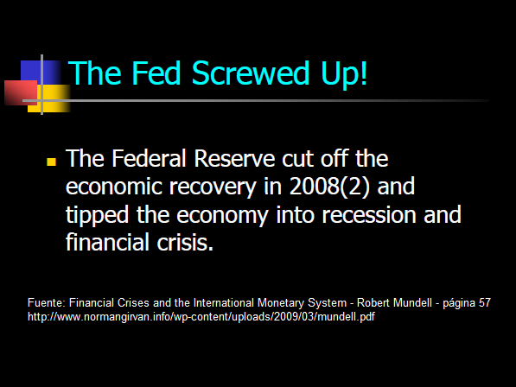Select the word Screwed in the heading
click(x=251, y=73)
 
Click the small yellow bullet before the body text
click(x=51, y=162)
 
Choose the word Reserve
click(x=234, y=158)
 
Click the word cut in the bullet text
click(x=297, y=159)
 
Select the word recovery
click(x=213, y=187)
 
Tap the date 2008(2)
click(x=330, y=187)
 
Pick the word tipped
click(x=97, y=216)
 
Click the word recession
click(x=368, y=215)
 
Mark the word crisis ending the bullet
click(x=185, y=243)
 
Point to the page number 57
click(x=484, y=303)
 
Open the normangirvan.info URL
click(x=201, y=317)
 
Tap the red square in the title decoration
click(x=21, y=92)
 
